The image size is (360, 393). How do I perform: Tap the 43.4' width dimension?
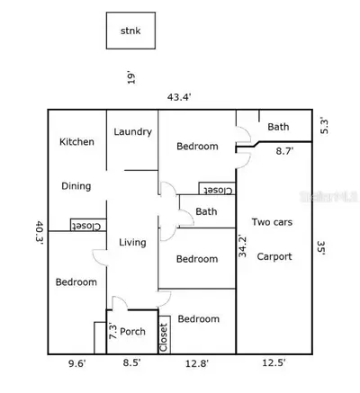pos(179,97)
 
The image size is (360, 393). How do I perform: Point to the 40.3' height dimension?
pos(40,233)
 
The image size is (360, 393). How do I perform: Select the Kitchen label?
pos(76,141)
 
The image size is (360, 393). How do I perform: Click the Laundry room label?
pos(133,132)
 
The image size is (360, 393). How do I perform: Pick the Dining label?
pos(76,186)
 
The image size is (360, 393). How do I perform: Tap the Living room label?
pos(132,242)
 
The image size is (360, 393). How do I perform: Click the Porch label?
pos(132,331)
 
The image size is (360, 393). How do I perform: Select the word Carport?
pos(274,256)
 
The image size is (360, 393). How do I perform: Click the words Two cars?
pos(272,222)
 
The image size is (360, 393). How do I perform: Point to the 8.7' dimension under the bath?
pos(284,151)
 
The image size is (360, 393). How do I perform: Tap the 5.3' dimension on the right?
pos(324,126)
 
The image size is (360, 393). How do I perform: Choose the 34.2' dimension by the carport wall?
pos(242,246)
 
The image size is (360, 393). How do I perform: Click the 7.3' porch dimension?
pos(112,331)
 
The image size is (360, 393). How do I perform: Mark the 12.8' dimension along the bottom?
pos(197,363)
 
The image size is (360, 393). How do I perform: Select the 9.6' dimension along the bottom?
pos(77,363)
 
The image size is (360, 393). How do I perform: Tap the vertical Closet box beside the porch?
pos(164,335)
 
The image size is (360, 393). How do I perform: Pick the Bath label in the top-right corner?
pos(278,127)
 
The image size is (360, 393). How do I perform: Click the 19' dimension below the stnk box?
pos(131,78)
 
